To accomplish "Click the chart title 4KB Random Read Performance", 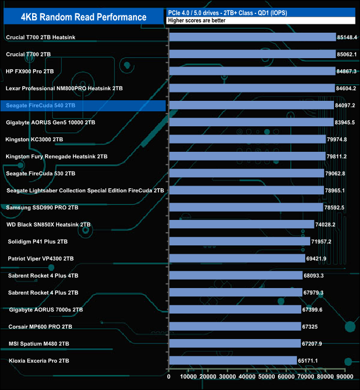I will pos(83,17).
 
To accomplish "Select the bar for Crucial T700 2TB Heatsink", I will pos(252,37).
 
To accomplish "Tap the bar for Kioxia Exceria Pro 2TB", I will pos(233,361).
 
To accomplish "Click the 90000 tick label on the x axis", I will pos(344,377).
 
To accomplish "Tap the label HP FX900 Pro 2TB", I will pos(29,71).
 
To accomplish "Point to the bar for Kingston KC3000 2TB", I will pos(247,139).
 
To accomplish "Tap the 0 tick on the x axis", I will pos(169,377).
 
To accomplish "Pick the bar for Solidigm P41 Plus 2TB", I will pos(239,242).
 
